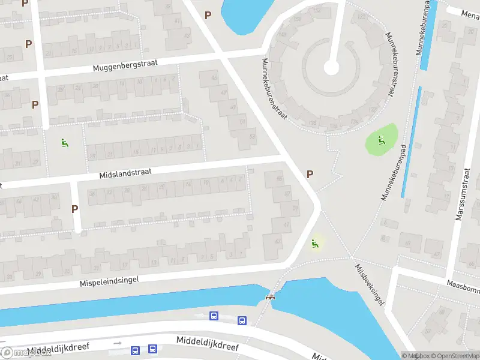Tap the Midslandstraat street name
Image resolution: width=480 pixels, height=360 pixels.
(x=125, y=173)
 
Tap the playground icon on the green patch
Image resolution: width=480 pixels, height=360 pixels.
(x=380, y=141)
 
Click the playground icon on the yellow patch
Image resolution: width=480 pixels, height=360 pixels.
(x=314, y=243)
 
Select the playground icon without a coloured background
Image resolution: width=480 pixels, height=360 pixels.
(x=64, y=143)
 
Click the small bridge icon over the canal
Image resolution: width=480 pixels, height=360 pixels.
(x=271, y=296)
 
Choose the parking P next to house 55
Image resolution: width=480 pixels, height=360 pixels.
(x=310, y=174)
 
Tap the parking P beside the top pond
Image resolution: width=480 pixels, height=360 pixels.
(x=208, y=15)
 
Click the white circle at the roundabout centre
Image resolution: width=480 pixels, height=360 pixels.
(x=331, y=67)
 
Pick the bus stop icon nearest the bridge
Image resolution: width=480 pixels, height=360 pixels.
(x=242, y=320)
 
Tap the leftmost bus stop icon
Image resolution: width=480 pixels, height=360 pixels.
(x=136, y=350)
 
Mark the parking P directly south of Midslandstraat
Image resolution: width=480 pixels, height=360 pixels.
(x=75, y=209)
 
